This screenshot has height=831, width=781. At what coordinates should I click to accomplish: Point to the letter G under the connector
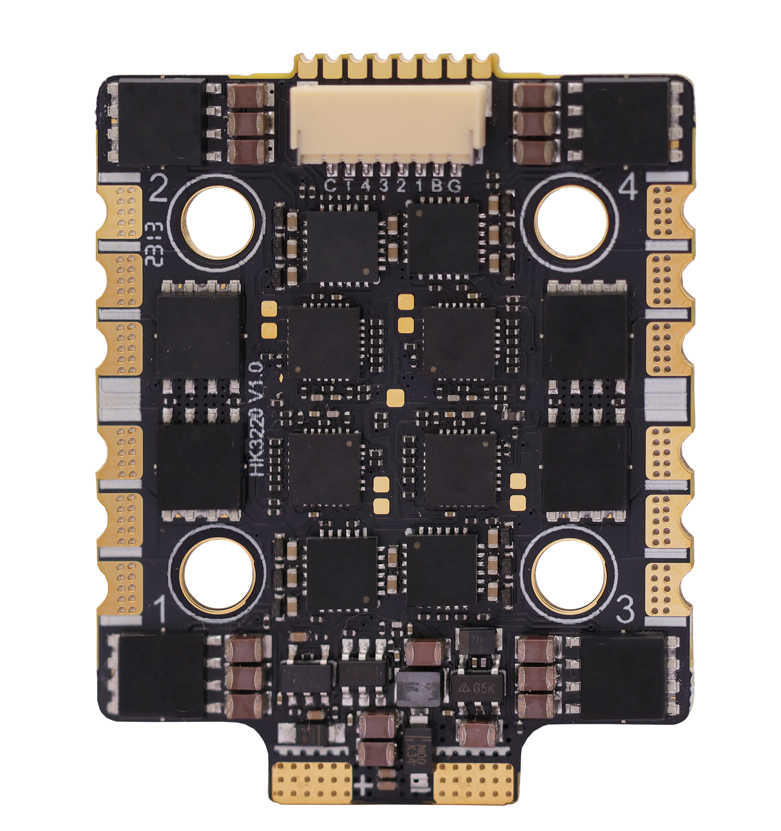pos(455,185)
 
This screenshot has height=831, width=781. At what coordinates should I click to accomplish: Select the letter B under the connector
pos(437,185)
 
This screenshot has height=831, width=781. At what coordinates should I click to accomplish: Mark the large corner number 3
pos(625,611)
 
